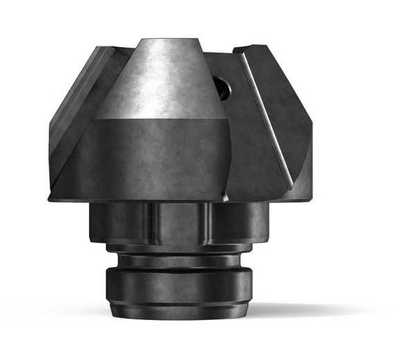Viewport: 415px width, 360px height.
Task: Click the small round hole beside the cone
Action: click(x=221, y=87)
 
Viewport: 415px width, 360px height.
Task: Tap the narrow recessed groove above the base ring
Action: click(x=178, y=262)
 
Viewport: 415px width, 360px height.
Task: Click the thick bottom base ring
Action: click(x=178, y=287)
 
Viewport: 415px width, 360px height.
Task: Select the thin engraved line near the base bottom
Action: click(x=178, y=303)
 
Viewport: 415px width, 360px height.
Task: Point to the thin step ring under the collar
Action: click(x=178, y=247)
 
